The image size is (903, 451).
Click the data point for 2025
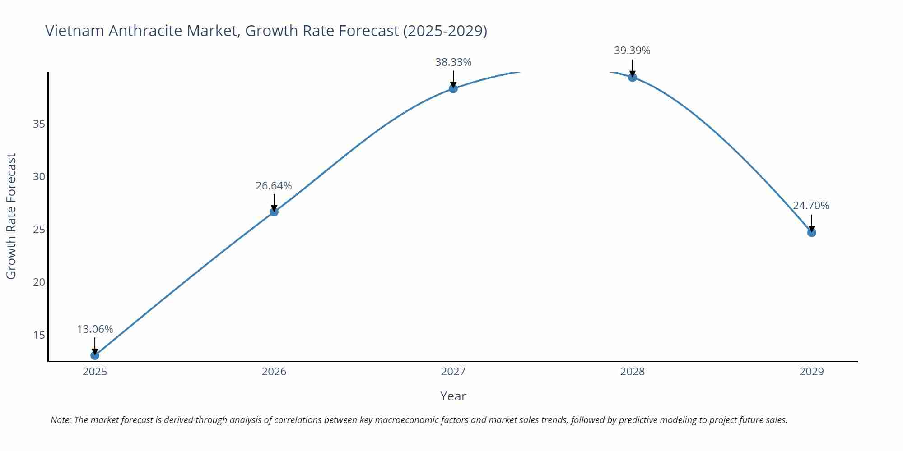pos(95,355)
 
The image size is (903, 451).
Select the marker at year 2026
pos(274,212)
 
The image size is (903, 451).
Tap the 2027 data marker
pos(453,88)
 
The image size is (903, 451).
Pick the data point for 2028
pos(633,77)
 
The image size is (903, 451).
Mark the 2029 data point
pos(811,233)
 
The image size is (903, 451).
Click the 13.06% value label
pos(95,329)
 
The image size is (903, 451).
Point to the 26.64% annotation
pos(274,186)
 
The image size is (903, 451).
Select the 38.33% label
pos(453,62)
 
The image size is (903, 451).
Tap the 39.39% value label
pos(632,51)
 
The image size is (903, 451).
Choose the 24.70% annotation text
pos(811,206)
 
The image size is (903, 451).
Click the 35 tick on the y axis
pos(39,124)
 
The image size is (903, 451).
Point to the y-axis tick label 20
pos(39,282)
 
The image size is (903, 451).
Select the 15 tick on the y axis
pos(39,335)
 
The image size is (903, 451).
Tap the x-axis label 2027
pos(453,372)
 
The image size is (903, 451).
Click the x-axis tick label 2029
pos(811,372)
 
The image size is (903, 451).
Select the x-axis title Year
pos(453,396)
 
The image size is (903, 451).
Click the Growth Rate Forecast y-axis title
pos(11,216)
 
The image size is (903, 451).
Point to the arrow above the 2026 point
pos(274,202)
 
